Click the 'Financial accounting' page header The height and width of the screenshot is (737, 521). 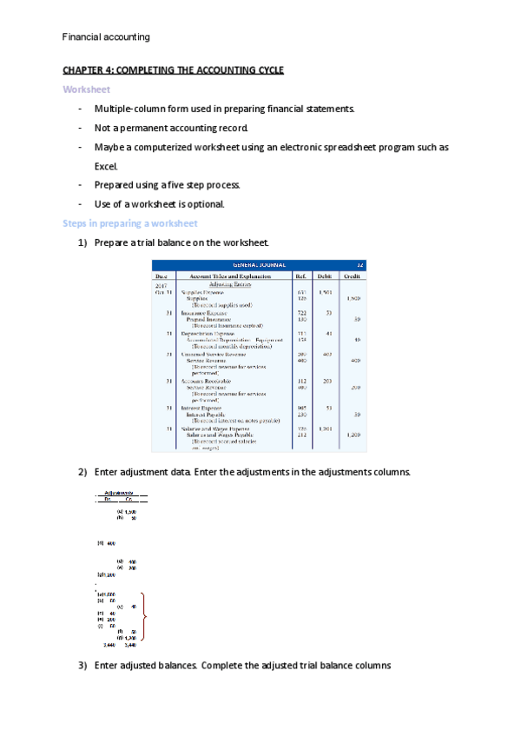coord(107,37)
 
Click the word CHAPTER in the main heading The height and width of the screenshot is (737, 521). coord(84,70)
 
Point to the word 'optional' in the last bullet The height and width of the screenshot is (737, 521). coord(204,204)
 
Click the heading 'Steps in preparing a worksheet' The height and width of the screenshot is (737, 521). coord(130,223)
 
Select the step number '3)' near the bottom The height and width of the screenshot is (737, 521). coord(83,666)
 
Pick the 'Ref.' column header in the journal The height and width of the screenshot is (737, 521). coord(300,275)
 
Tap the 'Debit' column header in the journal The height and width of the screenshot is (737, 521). coord(325,275)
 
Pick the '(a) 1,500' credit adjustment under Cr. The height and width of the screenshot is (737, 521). coord(127,512)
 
